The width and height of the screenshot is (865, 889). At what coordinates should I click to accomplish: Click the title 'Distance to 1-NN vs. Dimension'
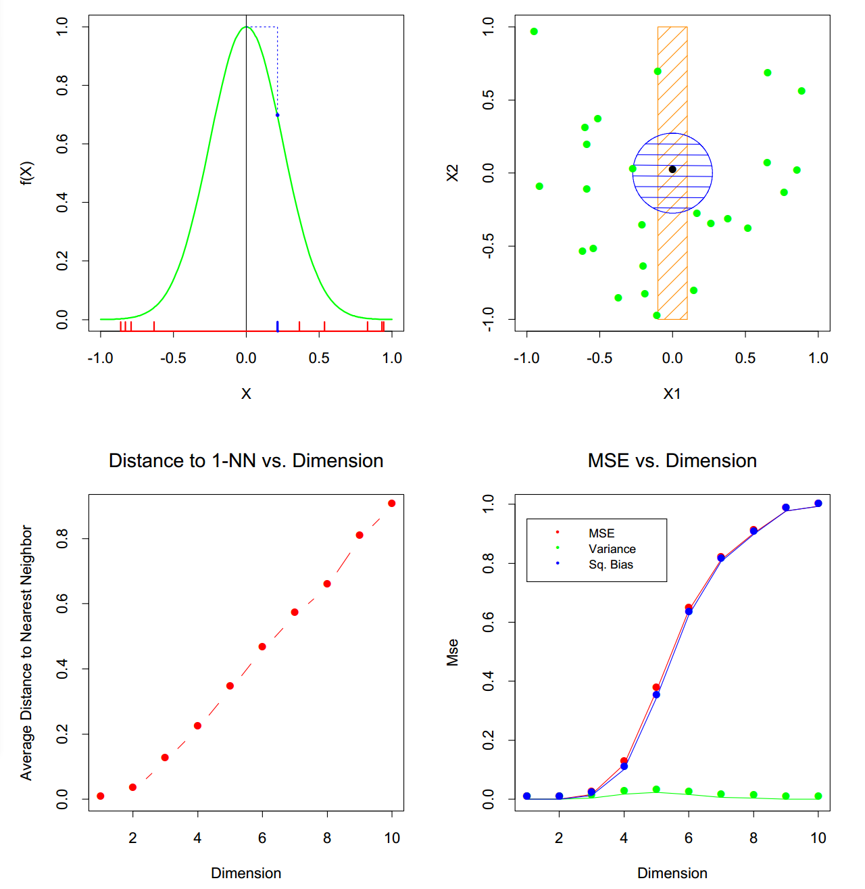[246, 460]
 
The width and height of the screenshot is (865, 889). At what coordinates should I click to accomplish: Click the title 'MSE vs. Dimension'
[672, 460]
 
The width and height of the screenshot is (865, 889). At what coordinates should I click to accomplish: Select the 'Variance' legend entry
[612, 549]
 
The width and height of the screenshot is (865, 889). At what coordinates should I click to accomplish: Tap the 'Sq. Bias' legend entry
[610, 564]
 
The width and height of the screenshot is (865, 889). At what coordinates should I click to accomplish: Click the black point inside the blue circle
[672, 169]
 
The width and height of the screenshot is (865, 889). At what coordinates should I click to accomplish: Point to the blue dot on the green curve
[277, 115]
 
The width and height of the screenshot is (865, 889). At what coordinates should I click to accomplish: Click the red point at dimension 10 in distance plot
[392, 503]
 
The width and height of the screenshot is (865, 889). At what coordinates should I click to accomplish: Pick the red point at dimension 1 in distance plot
[101, 796]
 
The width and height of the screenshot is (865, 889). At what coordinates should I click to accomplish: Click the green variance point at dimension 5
[656, 789]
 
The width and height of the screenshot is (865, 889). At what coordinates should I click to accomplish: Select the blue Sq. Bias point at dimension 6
[689, 611]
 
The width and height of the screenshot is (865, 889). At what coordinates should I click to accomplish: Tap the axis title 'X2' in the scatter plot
[452, 172]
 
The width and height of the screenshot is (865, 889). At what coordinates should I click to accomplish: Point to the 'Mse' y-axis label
[452, 652]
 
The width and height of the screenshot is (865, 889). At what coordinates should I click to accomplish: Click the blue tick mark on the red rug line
[278, 327]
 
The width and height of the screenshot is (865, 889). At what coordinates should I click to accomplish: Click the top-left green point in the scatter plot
[534, 32]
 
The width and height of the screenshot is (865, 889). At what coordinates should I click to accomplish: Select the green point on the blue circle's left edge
[633, 169]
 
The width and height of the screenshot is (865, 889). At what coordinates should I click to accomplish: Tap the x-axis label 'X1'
[672, 393]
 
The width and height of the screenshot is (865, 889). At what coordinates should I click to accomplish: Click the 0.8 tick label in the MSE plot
[488, 562]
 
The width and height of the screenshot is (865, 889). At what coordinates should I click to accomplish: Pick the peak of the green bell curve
[246, 27]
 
